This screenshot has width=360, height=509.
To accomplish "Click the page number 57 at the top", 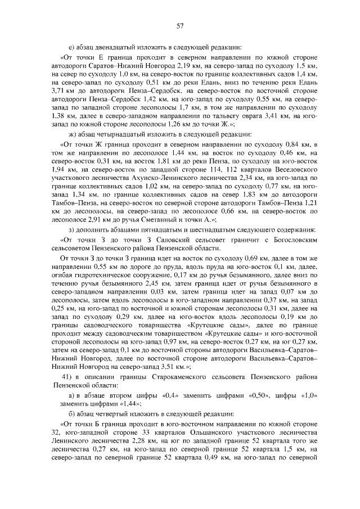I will click(181, 25).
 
